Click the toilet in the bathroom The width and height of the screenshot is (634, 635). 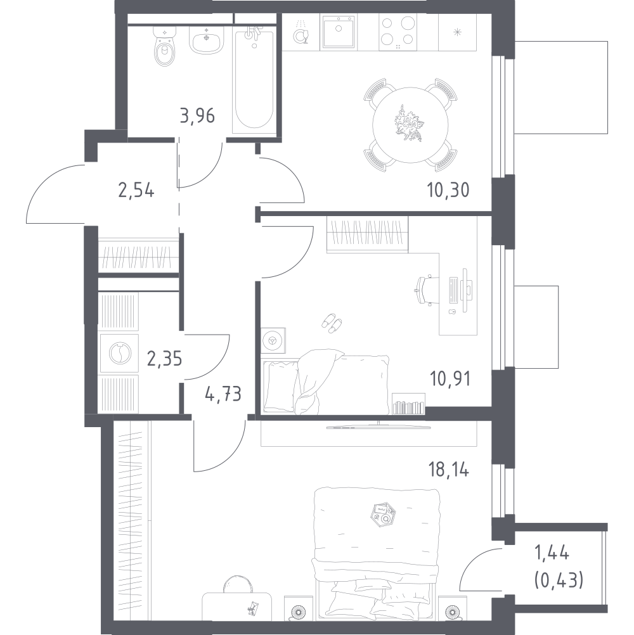coord(164,46)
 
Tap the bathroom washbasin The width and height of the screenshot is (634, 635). coord(207,40)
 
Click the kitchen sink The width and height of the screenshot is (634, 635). coord(339,32)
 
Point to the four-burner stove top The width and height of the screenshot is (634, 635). coord(397,32)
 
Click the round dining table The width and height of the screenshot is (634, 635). coord(410,125)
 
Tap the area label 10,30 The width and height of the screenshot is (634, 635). coord(448,190)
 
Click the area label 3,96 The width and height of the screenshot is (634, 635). coord(197,116)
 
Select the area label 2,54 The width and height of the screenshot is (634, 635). coord(136,190)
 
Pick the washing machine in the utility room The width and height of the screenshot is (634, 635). coord(119,353)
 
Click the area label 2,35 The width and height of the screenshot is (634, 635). coord(164,359)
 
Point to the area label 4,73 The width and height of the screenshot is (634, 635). coord(223,394)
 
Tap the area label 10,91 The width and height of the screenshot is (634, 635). coord(450,378)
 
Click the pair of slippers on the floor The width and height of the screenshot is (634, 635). coord(332,323)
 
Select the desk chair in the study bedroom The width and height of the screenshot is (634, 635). coord(426,290)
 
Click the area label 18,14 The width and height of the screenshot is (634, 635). coord(448,470)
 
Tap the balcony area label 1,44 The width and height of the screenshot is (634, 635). coord(552,553)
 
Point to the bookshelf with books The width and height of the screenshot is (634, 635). coord(408,404)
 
